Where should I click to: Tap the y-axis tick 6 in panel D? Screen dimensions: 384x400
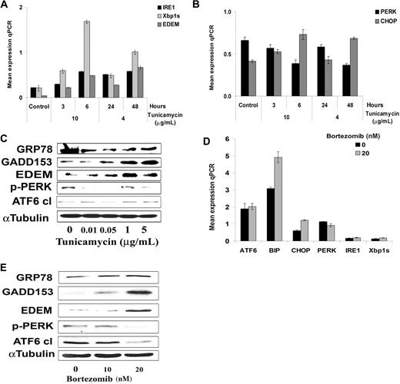pyautogui.click(x=216, y=139)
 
